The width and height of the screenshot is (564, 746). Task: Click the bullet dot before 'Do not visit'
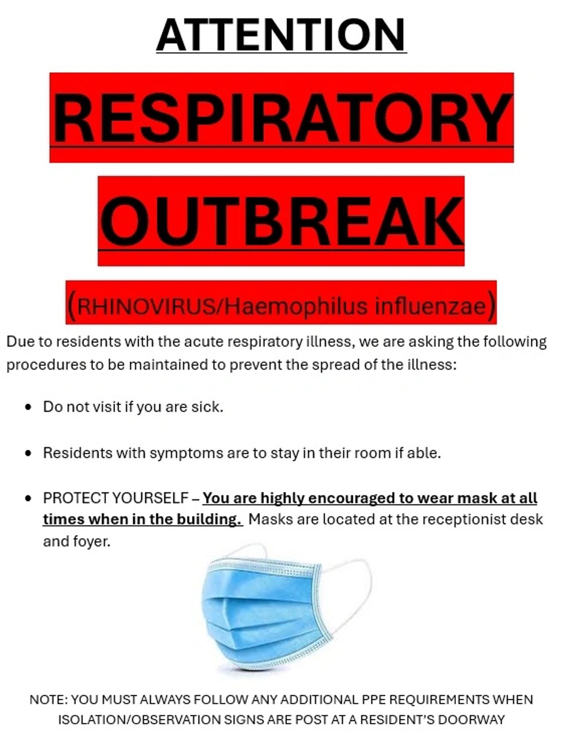[x=28, y=407]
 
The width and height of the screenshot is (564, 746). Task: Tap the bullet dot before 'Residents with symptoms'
[x=28, y=453]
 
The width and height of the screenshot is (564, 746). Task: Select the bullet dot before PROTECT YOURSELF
[x=28, y=498]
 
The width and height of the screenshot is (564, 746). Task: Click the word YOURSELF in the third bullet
[x=150, y=498]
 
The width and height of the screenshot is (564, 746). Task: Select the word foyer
[x=91, y=542]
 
